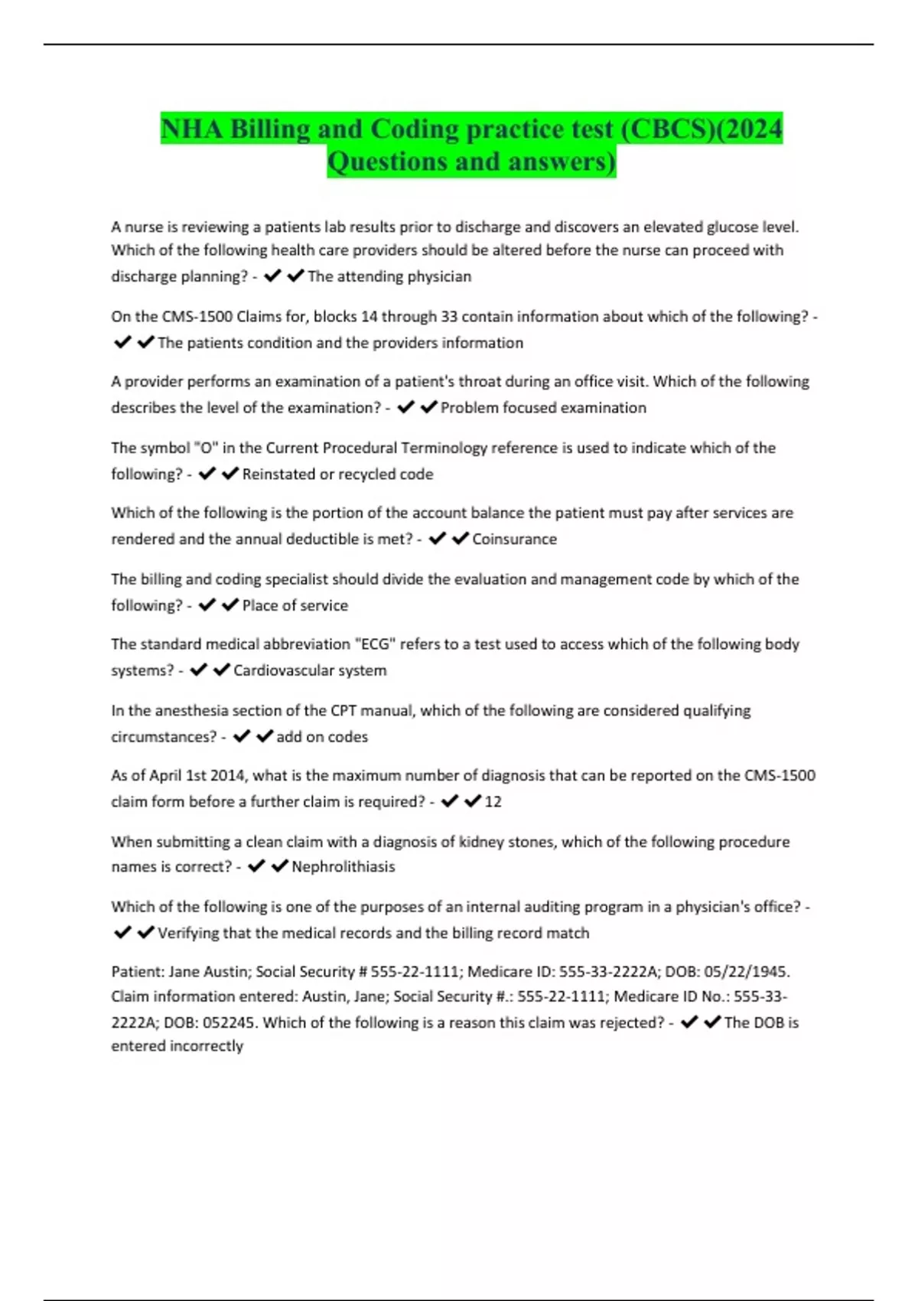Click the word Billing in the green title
click(x=270, y=129)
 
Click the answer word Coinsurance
click(x=514, y=539)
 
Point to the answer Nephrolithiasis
click(x=343, y=866)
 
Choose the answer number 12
click(x=493, y=801)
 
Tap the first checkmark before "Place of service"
click(x=207, y=605)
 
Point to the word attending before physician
click(x=370, y=276)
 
